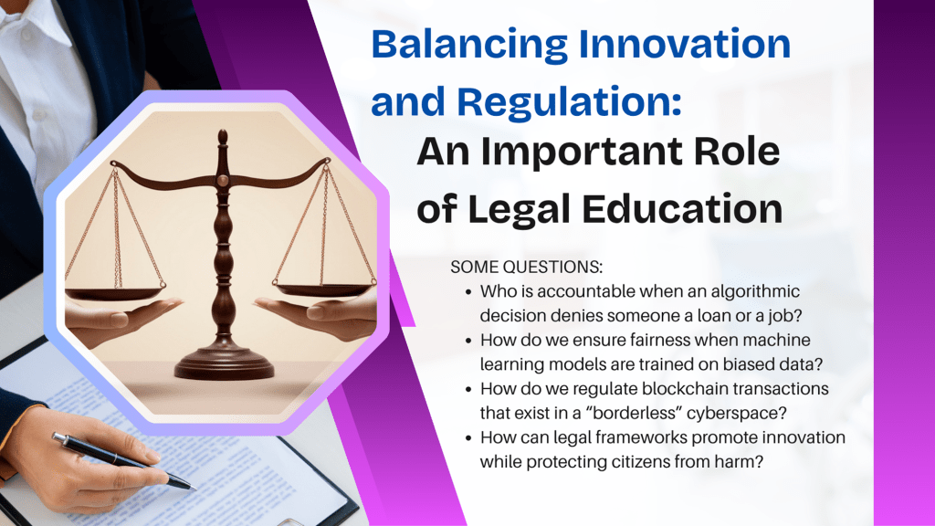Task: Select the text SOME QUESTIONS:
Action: (527, 267)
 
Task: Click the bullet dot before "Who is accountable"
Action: (468, 292)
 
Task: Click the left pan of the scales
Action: (114, 292)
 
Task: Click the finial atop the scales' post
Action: (223, 139)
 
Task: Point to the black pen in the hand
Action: (123, 460)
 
